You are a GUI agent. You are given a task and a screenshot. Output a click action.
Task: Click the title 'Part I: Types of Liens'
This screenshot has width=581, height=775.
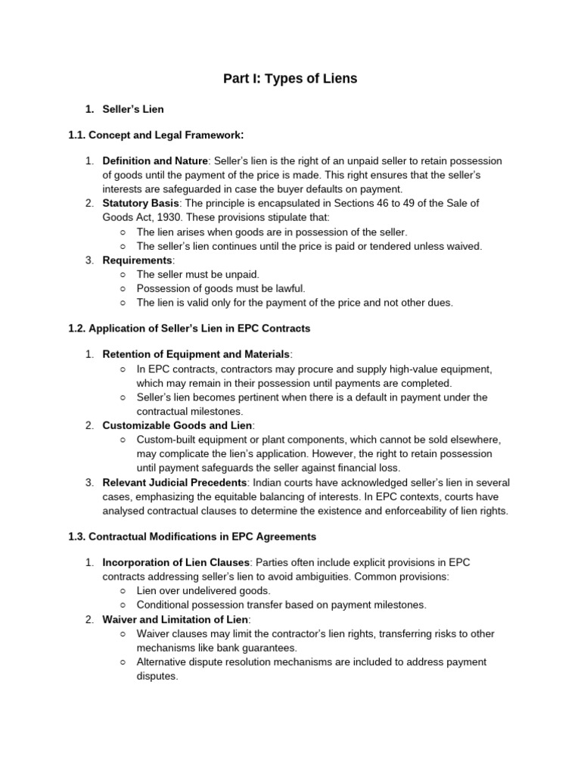click(x=290, y=78)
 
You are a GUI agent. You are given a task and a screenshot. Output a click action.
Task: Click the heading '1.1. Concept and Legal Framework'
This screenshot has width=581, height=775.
click(x=157, y=135)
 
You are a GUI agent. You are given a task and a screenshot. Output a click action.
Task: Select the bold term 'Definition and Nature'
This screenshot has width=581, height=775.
click(x=155, y=161)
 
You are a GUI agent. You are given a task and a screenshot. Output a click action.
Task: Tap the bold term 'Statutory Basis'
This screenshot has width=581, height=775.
click(x=140, y=204)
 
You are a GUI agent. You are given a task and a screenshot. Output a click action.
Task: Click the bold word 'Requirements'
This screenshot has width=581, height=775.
click(x=138, y=260)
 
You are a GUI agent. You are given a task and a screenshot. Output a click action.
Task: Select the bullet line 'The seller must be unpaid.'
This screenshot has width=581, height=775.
click(x=197, y=274)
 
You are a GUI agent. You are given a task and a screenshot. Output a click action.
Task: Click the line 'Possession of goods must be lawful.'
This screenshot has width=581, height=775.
click(x=221, y=288)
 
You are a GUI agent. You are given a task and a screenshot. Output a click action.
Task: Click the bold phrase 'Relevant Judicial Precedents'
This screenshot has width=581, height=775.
click(x=175, y=482)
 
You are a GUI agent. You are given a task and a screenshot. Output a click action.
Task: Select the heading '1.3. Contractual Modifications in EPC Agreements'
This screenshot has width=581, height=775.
click(x=192, y=537)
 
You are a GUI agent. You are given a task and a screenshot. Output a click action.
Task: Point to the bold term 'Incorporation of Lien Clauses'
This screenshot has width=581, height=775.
click(x=176, y=562)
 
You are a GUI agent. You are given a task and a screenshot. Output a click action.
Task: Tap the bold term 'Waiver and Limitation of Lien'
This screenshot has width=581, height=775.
click(x=176, y=619)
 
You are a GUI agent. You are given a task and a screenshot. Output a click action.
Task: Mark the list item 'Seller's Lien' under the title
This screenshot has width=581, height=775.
click(x=133, y=109)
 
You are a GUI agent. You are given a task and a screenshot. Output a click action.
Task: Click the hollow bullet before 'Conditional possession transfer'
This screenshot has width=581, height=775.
click(x=123, y=605)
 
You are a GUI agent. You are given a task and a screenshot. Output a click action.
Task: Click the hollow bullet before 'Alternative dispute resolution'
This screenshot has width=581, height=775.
click(x=123, y=662)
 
